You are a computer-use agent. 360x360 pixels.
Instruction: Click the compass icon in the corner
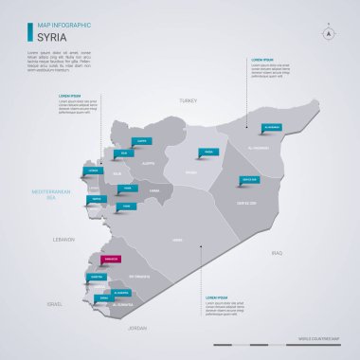tap(330, 32)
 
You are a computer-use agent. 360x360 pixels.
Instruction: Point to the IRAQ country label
tap(278, 253)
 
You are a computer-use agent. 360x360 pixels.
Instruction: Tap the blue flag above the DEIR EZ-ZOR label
tap(249, 180)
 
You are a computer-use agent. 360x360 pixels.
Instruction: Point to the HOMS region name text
tap(177, 241)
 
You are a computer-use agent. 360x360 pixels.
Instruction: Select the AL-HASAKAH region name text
tap(259, 148)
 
